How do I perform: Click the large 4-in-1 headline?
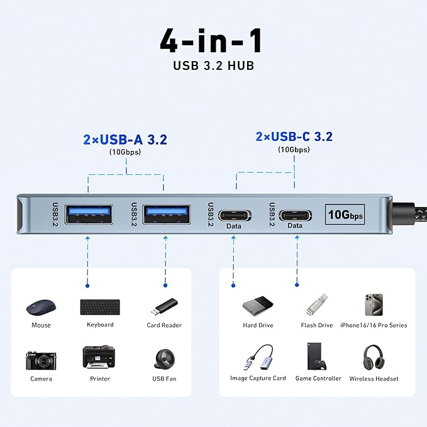(211, 41)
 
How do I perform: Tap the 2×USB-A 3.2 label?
(125, 139)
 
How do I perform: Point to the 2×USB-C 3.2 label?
(294, 136)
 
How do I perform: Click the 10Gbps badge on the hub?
(345, 214)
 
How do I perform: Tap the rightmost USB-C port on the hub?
(294, 214)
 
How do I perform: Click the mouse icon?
(41, 306)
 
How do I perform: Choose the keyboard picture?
(100, 307)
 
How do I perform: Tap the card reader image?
(164, 307)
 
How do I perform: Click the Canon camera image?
(41, 359)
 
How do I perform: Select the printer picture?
(99, 357)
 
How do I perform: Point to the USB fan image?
(164, 359)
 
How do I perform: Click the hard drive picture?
(258, 306)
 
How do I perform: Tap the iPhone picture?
(373, 305)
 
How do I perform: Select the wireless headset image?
(373, 357)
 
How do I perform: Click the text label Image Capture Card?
(258, 379)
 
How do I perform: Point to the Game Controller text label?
(318, 379)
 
